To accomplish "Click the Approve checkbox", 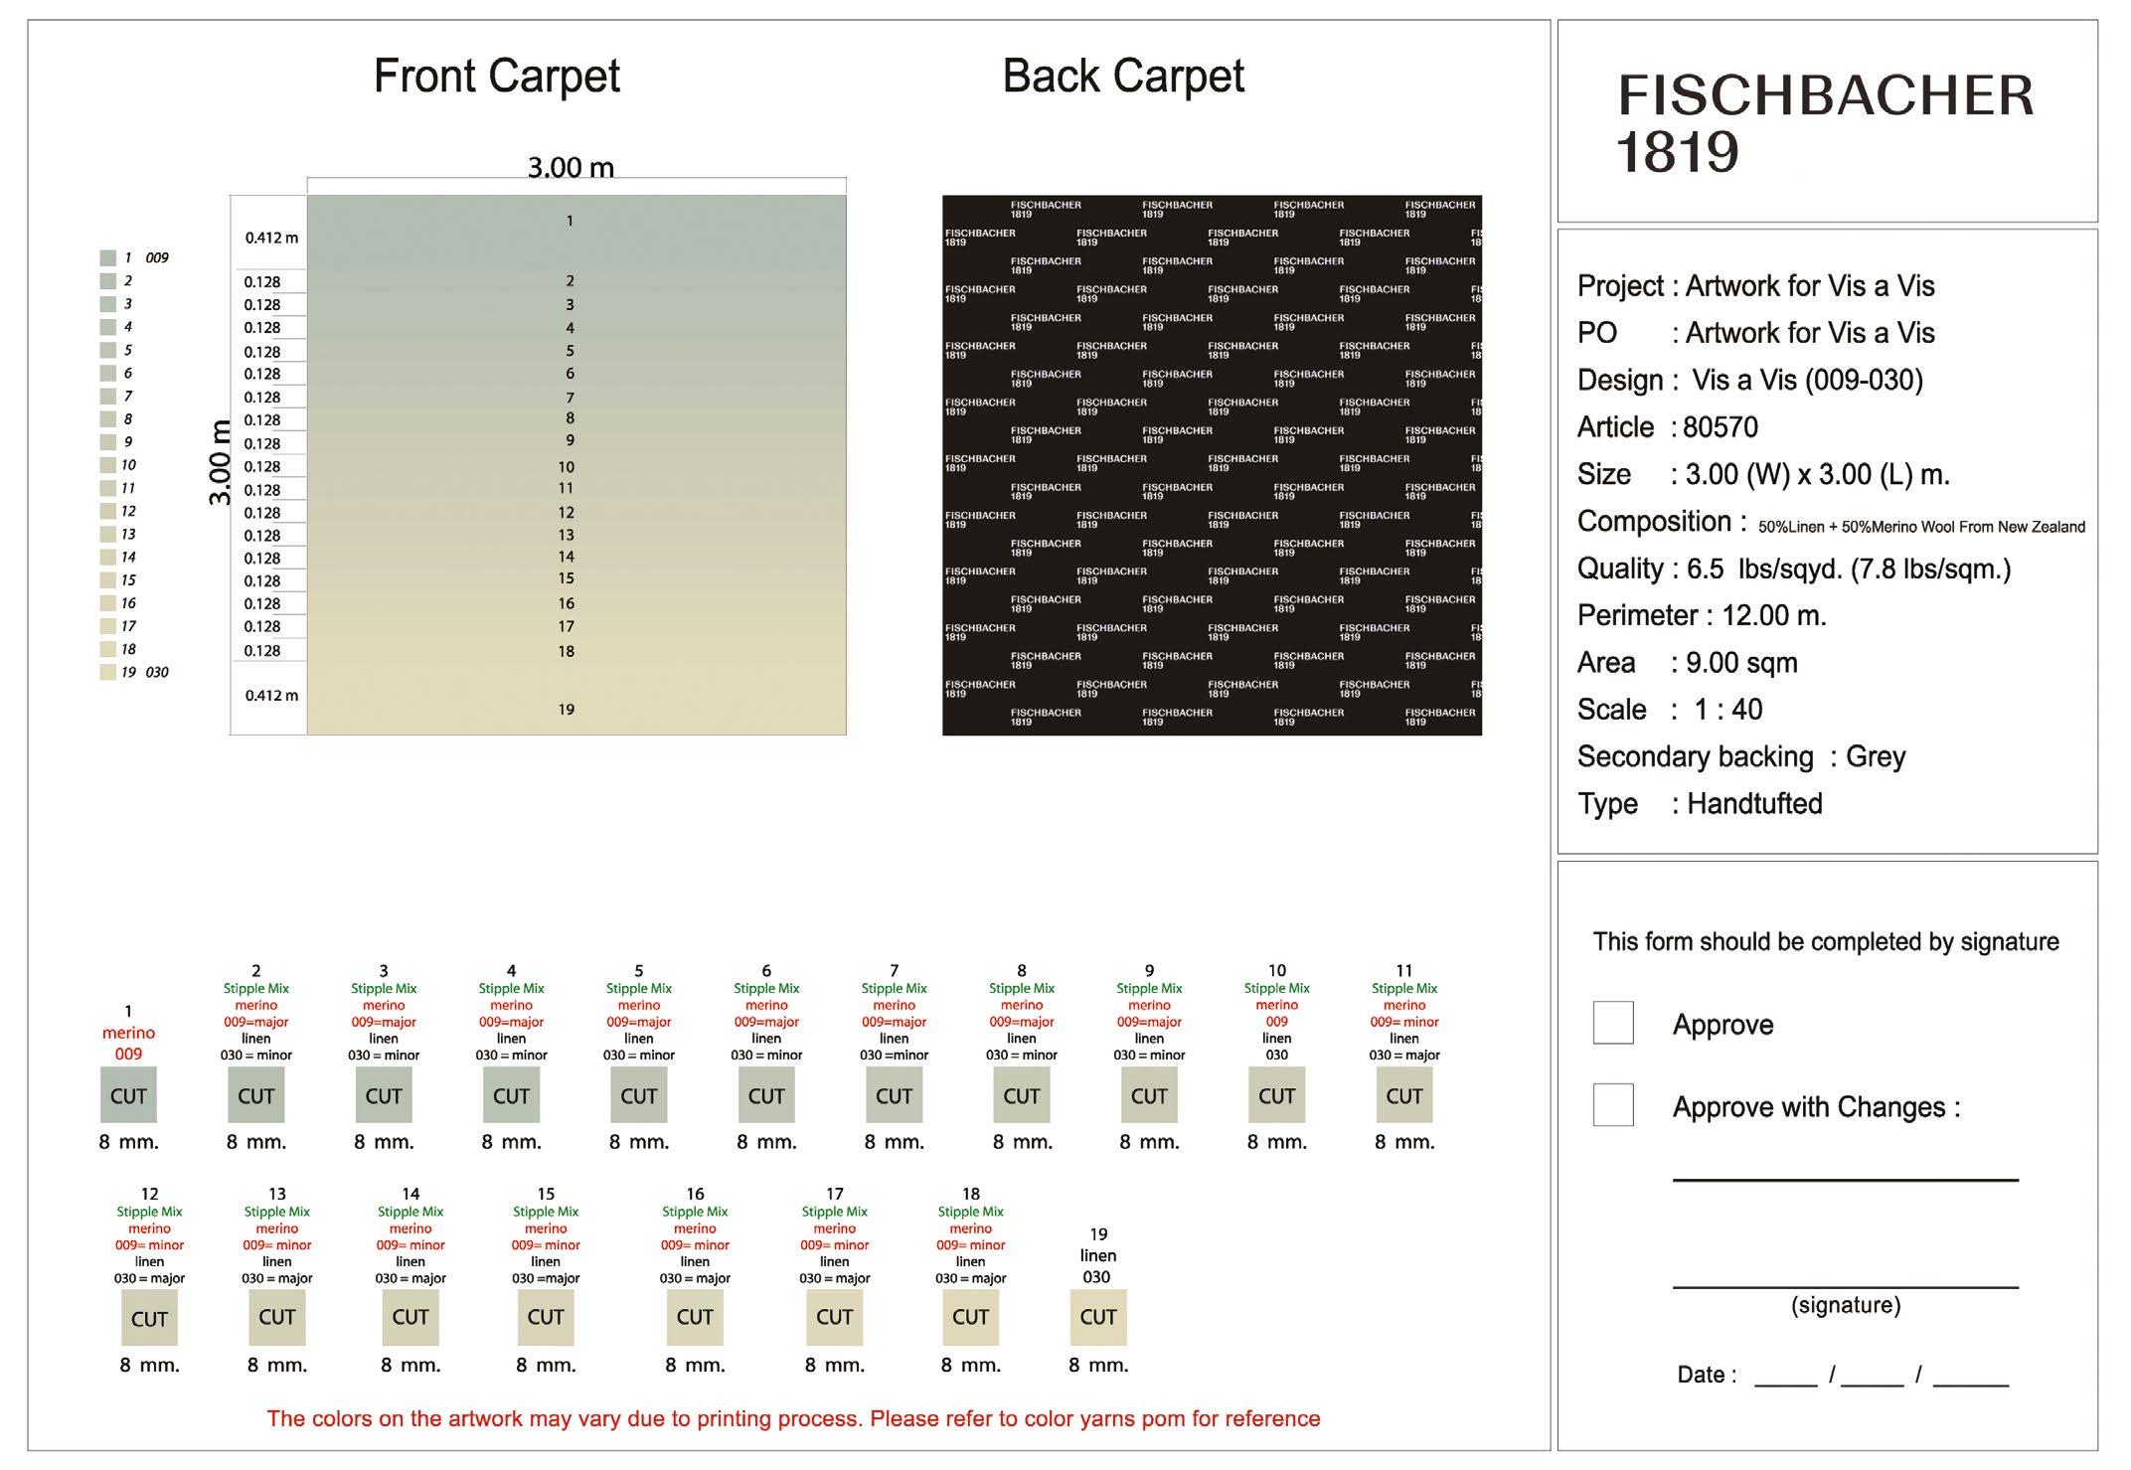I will coord(1612,1023).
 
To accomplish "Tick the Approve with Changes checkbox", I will coord(1612,1104).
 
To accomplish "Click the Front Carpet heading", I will coord(496,77).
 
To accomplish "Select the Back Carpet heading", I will coord(1122,77).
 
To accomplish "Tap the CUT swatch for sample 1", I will coord(128,1095).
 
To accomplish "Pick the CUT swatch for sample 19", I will coord(1098,1317).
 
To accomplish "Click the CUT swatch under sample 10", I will coord(1276,1095).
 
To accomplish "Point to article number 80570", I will coord(1721,427).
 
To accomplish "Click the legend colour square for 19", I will coord(108,672).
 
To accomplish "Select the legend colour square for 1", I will coord(108,257).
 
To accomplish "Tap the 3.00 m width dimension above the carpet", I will coord(571,167).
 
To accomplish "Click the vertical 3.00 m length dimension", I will coord(220,463).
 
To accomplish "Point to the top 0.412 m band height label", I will coord(271,238).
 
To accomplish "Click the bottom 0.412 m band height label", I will coord(271,696).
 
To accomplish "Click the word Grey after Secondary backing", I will coord(1875,756).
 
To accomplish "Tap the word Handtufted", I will coord(1754,803).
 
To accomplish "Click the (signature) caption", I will coord(1845,1305).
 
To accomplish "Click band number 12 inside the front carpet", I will coord(566,513).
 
